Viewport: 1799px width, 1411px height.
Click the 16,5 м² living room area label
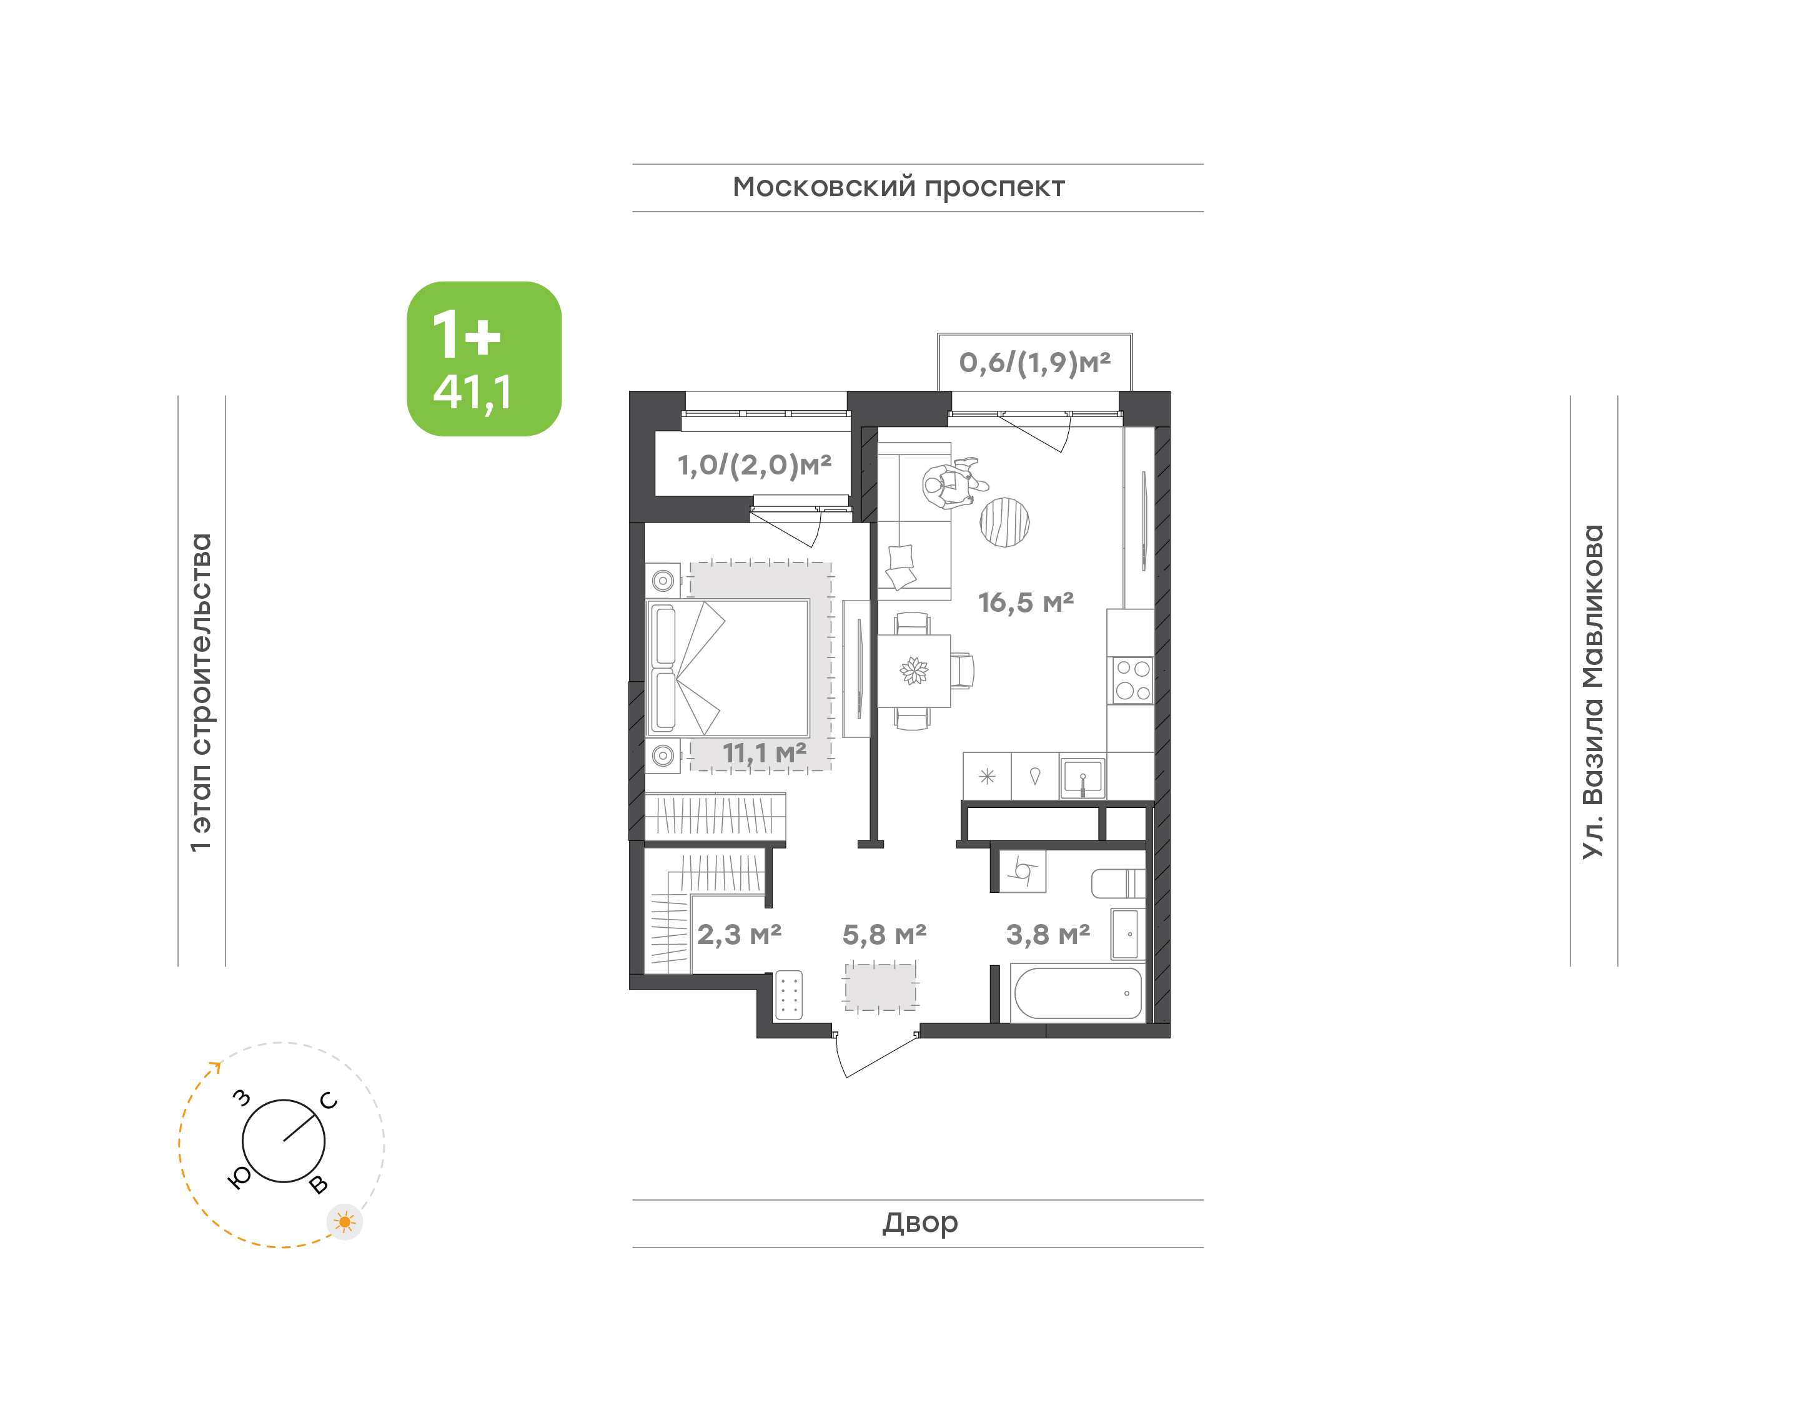(x=1026, y=602)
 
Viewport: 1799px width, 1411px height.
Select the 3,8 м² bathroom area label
(x=1048, y=935)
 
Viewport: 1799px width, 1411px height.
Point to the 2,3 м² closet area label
(x=739, y=935)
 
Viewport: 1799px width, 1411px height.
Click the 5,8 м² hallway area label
(x=885, y=935)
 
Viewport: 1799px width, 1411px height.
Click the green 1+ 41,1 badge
(x=484, y=358)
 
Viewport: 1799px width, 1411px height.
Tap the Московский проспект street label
(x=898, y=187)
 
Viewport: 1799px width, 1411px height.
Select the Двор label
(x=919, y=1222)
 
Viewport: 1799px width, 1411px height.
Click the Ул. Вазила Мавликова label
(x=1592, y=692)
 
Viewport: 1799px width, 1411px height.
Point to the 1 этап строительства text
(x=201, y=692)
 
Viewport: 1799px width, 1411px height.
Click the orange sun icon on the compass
(x=345, y=1222)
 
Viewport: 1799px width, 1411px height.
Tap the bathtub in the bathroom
(x=1078, y=993)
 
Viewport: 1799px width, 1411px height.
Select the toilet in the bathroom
(x=1118, y=883)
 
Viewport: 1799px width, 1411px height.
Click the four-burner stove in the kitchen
(x=1131, y=681)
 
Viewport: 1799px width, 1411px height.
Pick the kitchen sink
(x=1083, y=777)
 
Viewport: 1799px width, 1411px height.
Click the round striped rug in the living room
(x=1004, y=522)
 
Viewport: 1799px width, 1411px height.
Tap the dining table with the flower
(x=914, y=671)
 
